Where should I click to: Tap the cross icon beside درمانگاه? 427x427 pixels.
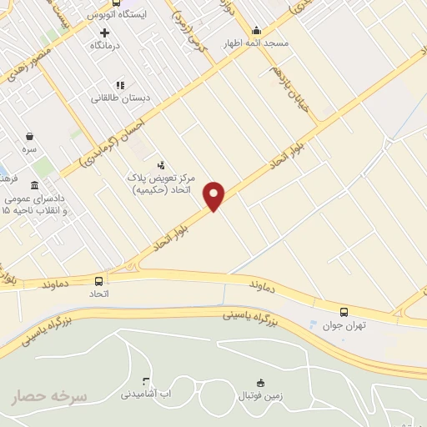104,32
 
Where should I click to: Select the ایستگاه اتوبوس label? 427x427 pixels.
117,15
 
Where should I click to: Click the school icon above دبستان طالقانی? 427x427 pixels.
120,84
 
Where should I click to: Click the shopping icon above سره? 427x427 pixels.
30,137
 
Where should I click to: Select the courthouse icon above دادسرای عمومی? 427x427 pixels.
33,185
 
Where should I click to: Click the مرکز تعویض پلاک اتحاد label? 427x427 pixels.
160,183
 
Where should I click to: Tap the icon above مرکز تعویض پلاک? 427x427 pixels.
161,164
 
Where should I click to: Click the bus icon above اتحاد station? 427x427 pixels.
99,281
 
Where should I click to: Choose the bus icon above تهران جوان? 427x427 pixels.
345,311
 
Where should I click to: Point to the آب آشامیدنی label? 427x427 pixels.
146,392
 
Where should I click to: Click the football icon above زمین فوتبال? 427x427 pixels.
260,383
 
